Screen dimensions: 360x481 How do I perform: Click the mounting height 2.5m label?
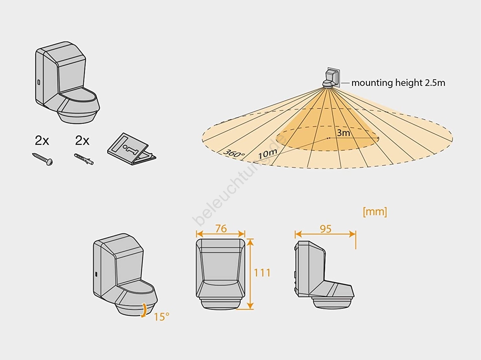(x=398, y=83)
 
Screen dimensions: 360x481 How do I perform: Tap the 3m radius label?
(x=343, y=133)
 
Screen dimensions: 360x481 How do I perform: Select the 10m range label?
(x=267, y=154)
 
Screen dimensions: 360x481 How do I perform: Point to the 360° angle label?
(x=234, y=153)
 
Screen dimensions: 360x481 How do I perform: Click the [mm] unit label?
(x=375, y=211)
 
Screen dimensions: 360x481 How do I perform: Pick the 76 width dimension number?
(x=221, y=229)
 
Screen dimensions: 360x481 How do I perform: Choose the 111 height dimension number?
(x=262, y=273)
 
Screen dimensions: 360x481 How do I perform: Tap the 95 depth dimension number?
(x=325, y=229)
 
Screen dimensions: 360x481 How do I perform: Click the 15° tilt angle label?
(x=161, y=317)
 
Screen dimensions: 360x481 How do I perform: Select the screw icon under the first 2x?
(x=43, y=159)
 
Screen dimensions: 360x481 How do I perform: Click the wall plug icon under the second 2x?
(x=83, y=159)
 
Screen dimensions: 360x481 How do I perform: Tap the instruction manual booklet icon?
(x=131, y=149)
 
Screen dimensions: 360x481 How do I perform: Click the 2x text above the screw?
(x=42, y=141)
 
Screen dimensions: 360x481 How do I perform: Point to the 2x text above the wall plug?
(x=82, y=141)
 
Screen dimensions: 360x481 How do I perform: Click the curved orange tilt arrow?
(x=144, y=310)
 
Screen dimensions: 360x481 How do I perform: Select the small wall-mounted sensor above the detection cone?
(x=331, y=78)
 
